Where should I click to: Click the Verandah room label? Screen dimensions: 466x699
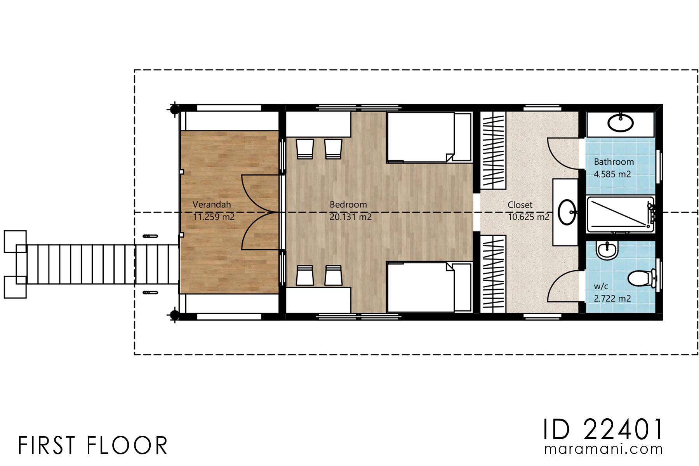(212, 204)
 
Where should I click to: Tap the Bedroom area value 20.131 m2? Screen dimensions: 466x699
(350, 217)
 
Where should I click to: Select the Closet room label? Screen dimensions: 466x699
(520, 205)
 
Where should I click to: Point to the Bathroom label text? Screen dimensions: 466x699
(614, 162)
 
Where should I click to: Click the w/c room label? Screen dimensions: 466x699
(601, 287)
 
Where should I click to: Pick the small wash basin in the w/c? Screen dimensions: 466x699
(607, 250)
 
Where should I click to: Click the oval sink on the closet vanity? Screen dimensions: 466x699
(567, 212)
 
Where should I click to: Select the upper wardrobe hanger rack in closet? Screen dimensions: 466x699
(493, 150)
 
